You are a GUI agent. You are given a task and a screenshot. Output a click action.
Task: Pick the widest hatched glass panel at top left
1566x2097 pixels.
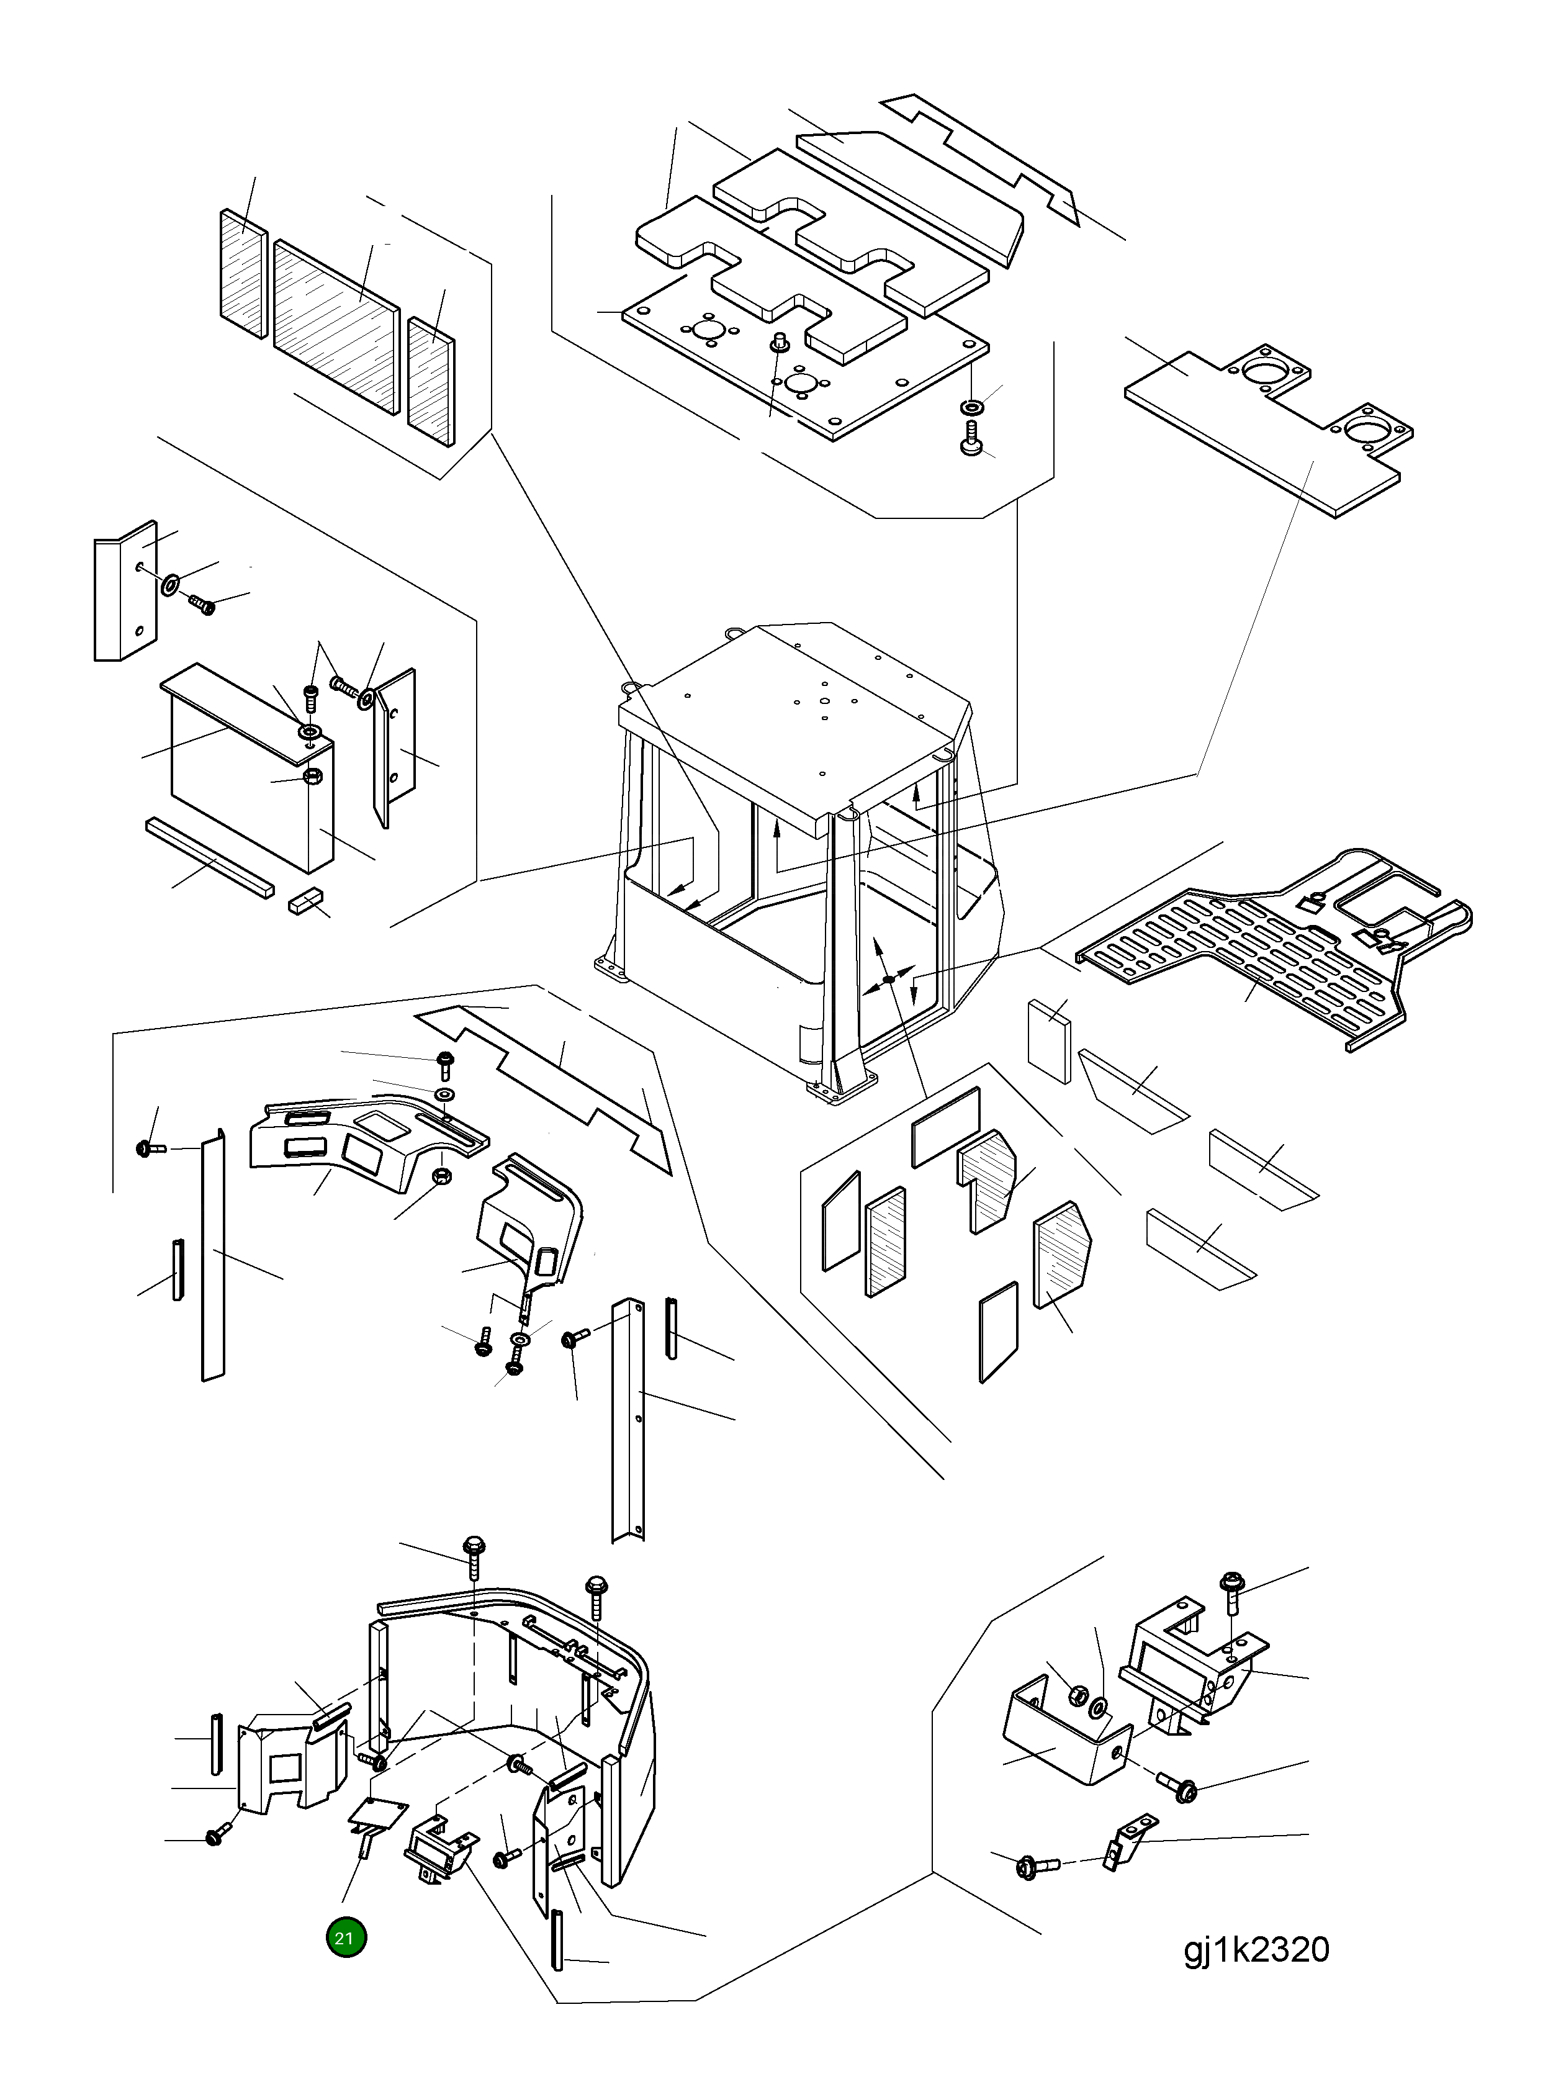336,327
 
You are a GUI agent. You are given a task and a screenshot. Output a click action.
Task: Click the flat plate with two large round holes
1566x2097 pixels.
1267,428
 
